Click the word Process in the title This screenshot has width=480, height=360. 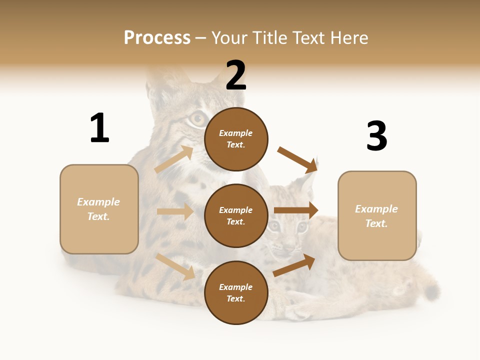click(x=157, y=38)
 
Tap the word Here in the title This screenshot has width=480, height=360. click(x=349, y=38)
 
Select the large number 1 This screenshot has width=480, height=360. click(x=99, y=128)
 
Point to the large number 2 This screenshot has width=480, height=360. click(x=236, y=75)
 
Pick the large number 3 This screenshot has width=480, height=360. click(x=376, y=136)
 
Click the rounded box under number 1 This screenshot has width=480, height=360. click(x=99, y=209)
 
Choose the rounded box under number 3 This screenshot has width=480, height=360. click(x=377, y=216)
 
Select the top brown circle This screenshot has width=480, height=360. click(x=236, y=139)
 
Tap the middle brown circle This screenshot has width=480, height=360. click(x=236, y=215)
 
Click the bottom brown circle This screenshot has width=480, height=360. click(x=236, y=292)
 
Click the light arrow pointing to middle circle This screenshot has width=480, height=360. click(x=175, y=211)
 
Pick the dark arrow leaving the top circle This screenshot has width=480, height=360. click(x=298, y=159)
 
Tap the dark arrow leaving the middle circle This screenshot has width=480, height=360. click(x=296, y=210)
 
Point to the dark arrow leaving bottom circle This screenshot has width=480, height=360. click(x=294, y=265)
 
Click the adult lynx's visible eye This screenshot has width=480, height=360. click(x=197, y=118)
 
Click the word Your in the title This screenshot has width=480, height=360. click(x=230, y=38)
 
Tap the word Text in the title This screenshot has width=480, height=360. click(x=309, y=38)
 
